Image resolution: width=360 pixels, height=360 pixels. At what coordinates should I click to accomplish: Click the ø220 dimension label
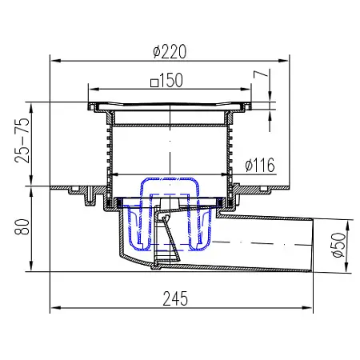pos(170,52)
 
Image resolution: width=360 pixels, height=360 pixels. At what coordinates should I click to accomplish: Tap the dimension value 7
pos(260,74)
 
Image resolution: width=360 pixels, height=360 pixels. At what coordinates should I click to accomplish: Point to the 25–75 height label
pos(22,140)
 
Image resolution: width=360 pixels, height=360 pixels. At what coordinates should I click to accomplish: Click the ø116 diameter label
pos(260,165)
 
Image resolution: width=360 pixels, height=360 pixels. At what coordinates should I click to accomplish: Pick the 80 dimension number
pos(22,227)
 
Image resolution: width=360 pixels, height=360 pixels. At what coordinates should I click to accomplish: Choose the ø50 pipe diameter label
pos(339,245)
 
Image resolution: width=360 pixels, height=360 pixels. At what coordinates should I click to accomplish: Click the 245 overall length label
pos(175,298)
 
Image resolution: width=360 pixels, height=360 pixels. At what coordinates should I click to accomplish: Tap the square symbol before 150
pos(154,83)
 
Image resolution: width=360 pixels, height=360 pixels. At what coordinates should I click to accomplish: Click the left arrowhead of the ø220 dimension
pos(55,61)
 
